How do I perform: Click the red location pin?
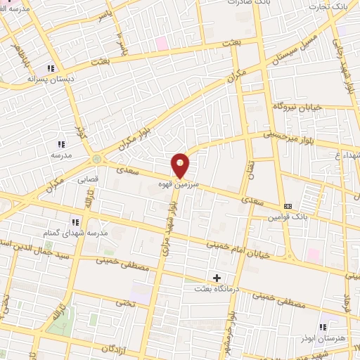point(181,165)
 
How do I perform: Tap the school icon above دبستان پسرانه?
point(51,68)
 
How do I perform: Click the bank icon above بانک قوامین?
point(287,206)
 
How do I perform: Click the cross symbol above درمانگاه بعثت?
point(217,278)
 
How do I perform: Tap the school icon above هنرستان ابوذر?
point(323,327)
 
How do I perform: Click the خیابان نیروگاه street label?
point(297,106)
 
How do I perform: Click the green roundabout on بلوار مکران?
point(96,159)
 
